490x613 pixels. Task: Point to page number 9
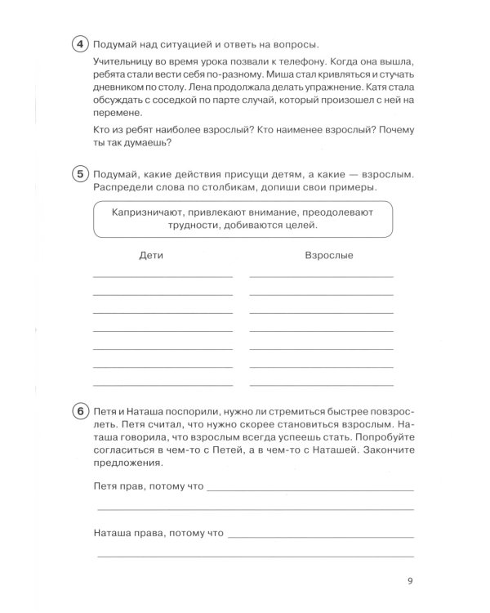[409, 582]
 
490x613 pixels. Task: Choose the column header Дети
[152, 256]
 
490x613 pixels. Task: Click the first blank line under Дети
[163, 277]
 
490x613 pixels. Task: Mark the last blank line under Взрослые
[321, 384]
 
